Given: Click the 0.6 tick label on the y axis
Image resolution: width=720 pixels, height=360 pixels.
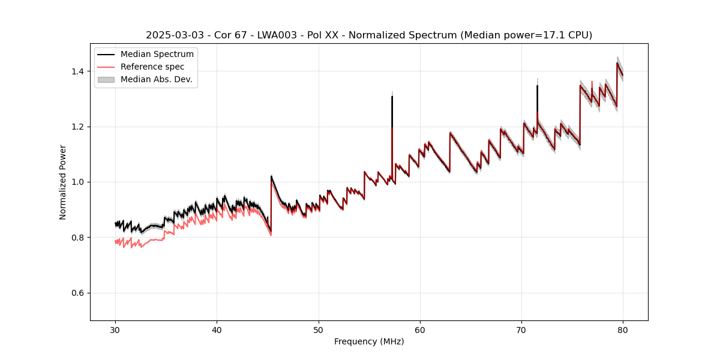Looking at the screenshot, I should coord(77,293).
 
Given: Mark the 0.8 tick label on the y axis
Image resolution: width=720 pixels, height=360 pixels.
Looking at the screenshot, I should coord(77,238).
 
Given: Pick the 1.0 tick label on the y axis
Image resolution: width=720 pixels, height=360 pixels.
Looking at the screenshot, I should coord(77,182).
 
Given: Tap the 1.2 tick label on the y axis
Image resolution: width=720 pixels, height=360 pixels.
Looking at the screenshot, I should coord(77,127).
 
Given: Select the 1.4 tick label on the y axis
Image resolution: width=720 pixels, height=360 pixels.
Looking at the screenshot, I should coord(77,71).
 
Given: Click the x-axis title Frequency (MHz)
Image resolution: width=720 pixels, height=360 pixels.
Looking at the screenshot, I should coord(369,341).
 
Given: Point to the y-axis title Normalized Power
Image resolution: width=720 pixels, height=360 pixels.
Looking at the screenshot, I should coord(63,182).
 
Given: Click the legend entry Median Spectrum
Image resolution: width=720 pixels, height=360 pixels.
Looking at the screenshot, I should coord(157,55).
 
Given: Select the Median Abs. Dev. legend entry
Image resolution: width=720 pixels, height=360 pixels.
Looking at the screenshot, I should coord(156,79).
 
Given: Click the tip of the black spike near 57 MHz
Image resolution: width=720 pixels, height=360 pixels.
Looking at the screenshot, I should coord(392,96).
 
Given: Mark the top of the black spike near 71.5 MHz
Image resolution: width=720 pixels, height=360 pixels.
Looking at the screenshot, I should coord(537,86).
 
